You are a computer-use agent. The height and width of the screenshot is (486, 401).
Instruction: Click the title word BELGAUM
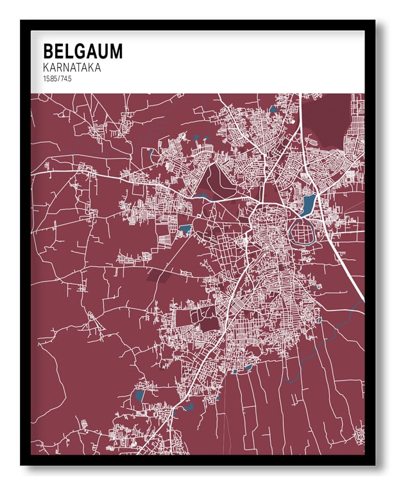pos(82,51)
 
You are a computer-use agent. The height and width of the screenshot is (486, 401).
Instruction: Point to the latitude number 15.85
pos(49,78)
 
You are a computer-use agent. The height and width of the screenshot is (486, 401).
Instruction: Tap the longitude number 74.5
pos(65,78)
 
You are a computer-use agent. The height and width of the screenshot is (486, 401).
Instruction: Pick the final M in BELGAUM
pos(115,51)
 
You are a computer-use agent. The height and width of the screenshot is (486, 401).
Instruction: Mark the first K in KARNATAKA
pos(46,67)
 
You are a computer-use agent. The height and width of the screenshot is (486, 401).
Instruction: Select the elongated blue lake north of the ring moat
pos(309,205)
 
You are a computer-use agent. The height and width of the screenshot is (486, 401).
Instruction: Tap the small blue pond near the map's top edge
pos(275,109)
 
